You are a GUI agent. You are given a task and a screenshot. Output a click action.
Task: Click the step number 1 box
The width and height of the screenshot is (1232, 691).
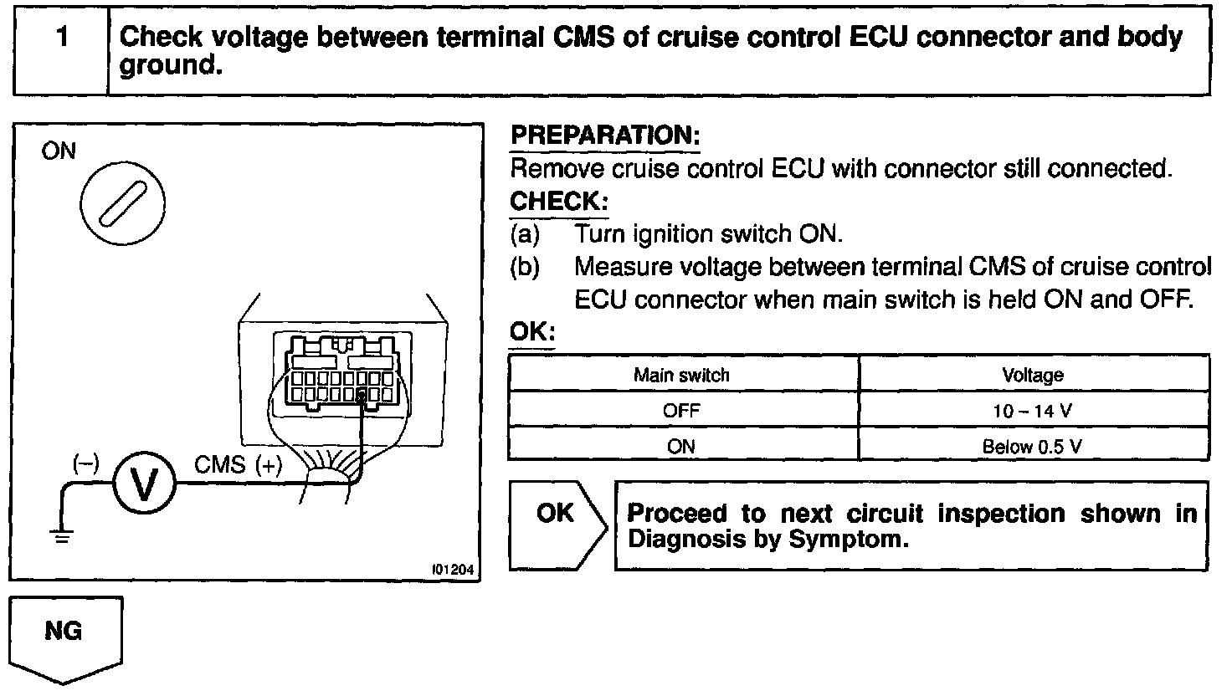(x=60, y=50)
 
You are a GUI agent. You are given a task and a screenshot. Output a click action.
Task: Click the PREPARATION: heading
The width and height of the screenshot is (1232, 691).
(x=604, y=136)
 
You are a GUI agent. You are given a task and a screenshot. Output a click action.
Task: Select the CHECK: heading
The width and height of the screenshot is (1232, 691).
(x=558, y=202)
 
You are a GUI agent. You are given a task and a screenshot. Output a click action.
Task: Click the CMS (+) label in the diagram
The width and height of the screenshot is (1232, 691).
(x=238, y=465)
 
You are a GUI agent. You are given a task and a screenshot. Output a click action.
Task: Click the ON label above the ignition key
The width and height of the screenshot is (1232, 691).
(x=58, y=151)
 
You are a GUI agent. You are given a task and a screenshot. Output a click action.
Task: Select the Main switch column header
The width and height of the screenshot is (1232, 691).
(x=681, y=376)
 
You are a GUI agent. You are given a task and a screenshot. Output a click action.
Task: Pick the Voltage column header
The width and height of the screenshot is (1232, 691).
(x=1033, y=376)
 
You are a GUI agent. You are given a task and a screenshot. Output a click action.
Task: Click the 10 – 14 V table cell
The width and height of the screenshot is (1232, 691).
(x=1033, y=411)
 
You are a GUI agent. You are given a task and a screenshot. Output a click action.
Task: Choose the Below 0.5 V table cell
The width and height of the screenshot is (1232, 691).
(x=1033, y=447)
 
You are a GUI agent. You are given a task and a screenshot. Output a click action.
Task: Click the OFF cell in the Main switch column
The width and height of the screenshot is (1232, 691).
(x=681, y=411)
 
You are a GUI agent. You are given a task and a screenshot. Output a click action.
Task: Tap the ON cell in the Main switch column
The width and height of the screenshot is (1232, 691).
(x=681, y=447)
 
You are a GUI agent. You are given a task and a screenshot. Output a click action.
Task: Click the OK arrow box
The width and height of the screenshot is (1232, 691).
(x=555, y=525)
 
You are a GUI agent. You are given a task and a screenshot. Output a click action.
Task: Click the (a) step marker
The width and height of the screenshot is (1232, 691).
(x=525, y=234)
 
